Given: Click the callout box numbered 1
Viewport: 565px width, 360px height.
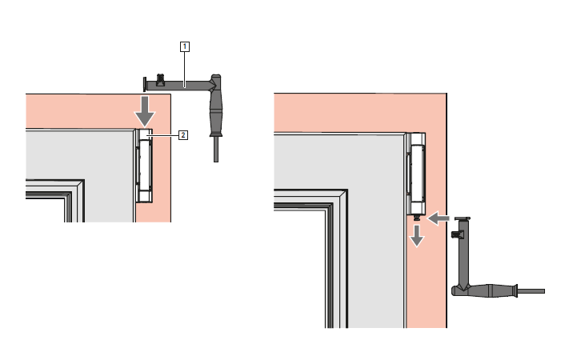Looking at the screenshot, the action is click(x=185, y=46).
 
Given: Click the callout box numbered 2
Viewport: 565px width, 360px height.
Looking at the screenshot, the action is click(x=183, y=135).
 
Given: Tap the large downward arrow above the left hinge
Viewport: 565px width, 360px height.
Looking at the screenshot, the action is click(x=145, y=111).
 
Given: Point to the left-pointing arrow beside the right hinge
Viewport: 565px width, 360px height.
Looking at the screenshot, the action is click(x=439, y=218).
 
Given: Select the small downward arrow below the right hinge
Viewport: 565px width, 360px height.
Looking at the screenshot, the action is click(x=417, y=236).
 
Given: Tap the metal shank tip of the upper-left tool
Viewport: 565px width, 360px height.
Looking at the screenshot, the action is click(x=216, y=150).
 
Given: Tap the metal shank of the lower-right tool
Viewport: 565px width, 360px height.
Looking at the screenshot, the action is click(x=531, y=291).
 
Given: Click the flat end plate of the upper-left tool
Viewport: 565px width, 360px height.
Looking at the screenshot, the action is click(x=145, y=84).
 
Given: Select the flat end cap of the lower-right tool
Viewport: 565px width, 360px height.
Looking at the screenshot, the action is click(x=463, y=218).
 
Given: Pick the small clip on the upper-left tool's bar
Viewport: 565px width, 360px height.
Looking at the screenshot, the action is click(x=160, y=80).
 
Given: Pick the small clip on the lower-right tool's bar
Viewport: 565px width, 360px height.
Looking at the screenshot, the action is click(x=457, y=234).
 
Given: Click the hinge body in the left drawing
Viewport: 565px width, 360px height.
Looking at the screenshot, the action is click(x=144, y=166).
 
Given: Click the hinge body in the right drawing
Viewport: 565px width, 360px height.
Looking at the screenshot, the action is click(x=415, y=174).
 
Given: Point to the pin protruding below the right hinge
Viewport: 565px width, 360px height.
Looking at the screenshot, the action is click(x=417, y=218).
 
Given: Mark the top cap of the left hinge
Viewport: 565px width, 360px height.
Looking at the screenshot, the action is click(x=145, y=134).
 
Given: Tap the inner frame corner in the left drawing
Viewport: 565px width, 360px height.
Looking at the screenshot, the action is click(x=83, y=181).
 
